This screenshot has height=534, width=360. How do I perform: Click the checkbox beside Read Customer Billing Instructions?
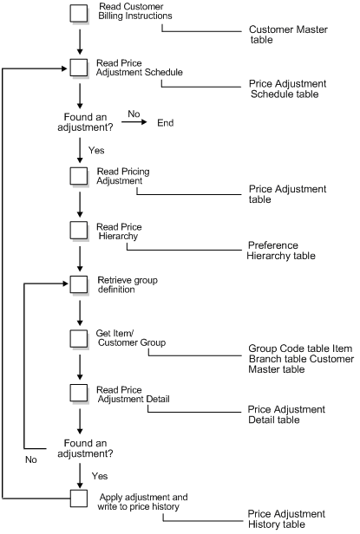pyautogui.click(x=79, y=13)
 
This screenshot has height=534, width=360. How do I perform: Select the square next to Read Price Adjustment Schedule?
pyautogui.click(x=79, y=68)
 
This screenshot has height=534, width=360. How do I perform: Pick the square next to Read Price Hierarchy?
pyautogui.click(x=79, y=230)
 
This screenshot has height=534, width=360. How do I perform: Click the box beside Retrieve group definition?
pyautogui.click(x=79, y=284)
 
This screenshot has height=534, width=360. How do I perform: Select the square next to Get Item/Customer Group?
pyautogui.click(x=79, y=338)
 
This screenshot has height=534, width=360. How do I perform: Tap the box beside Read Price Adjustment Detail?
pyautogui.click(x=79, y=392)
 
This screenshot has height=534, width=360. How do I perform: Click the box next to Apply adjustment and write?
pyautogui.click(x=79, y=499)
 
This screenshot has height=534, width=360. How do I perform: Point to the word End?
pyautogui.click(x=165, y=123)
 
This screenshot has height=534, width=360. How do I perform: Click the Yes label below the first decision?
pyautogui.click(x=96, y=150)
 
